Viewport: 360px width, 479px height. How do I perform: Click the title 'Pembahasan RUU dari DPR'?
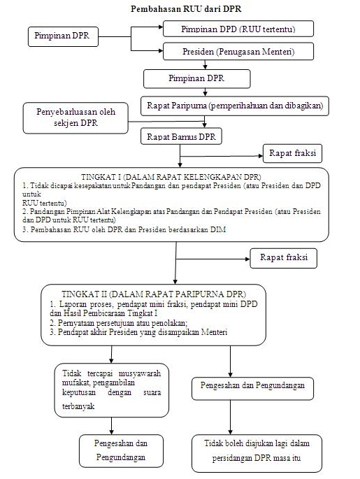(186, 9)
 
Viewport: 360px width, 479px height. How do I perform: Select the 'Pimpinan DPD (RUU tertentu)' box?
(238, 29)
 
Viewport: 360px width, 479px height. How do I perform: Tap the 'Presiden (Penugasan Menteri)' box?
(238, 51)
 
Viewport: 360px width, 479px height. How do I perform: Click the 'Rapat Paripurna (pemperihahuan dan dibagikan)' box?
(234, 106)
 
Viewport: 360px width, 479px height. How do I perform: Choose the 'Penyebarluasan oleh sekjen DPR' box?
(75, 118)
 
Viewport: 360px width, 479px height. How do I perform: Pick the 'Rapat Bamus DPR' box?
(181, 136)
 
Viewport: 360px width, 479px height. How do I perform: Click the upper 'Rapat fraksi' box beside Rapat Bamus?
(292, 153)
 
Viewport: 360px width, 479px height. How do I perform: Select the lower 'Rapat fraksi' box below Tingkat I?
(283, 258)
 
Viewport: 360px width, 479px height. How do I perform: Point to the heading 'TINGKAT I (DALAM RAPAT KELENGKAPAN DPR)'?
(171, 177)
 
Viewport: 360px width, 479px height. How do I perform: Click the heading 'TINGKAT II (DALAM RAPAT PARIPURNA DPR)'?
(154, 294)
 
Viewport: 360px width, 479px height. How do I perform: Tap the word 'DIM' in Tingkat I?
(218, 229)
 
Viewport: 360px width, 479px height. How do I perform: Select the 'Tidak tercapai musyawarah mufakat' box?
(111, 390)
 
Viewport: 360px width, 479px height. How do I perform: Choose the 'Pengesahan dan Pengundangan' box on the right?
(252, 389)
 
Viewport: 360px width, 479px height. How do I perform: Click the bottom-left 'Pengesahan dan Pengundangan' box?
(121, 451)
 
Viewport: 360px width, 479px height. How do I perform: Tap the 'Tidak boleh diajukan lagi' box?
(257, 453)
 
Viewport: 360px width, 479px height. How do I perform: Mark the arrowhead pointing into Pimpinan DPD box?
(161, 27)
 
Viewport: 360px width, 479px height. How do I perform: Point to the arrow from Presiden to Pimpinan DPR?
(206, 64)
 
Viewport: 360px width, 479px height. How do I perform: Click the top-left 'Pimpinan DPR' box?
(63, 36)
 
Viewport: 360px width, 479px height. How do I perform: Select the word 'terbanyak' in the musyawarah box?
(78, 406)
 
